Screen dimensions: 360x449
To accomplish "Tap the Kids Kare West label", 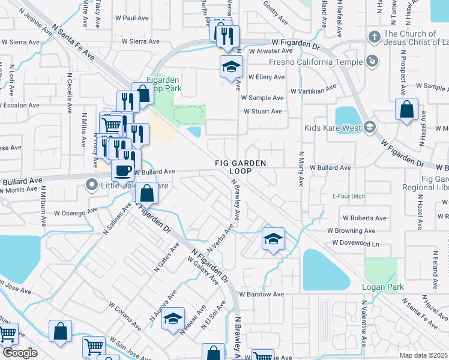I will pos(332,128).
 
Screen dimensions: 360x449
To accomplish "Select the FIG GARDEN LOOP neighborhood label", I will pos(241,167).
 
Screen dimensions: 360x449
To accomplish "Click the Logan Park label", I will pos(382,287).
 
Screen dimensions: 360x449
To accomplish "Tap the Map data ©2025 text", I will pos(423,355).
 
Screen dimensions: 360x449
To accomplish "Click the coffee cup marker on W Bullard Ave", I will pos(122,171).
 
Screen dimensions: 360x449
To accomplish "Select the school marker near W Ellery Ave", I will pos(230,68).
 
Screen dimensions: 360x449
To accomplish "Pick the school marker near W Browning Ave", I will pos(273,239).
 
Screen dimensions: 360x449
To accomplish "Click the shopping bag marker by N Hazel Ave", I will pos(407,110).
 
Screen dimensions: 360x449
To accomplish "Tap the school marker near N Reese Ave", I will pos(173,318).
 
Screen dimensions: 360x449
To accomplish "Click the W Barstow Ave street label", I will pos(261,295).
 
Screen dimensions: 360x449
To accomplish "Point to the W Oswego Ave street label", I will pos(76,212).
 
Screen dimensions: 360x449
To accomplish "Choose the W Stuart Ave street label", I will pos(263,112).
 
